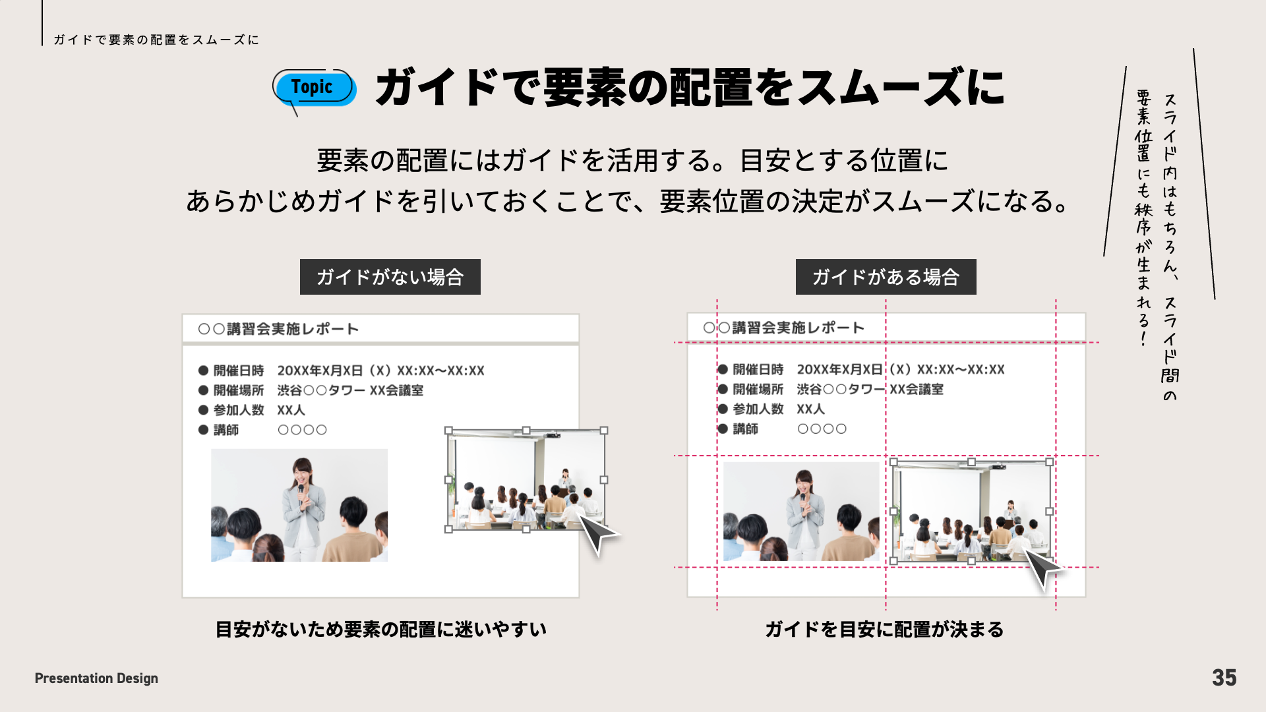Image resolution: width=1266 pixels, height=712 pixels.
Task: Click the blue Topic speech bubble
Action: (314, 88)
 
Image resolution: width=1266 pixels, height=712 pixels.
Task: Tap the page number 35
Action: (1224, 678)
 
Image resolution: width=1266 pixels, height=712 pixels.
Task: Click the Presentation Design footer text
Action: (96, 678)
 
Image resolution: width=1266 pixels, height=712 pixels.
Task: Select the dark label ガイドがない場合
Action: (390, 277)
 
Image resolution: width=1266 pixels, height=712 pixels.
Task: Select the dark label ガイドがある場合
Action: (886, 277)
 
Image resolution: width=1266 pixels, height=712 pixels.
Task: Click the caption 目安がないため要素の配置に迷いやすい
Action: (381, 630)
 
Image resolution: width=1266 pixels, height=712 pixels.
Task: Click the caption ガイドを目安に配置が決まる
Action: (884, 630)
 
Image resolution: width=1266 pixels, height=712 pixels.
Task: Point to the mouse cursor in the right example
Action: (1042, 568)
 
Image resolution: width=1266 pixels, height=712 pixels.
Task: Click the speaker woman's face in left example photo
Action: (301, 472)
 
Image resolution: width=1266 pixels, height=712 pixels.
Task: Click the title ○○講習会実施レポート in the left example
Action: (278, 329)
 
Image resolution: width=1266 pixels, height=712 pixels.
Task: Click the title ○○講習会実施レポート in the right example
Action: (783, 328)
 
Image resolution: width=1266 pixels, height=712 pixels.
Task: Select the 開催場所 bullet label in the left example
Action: (238, 390)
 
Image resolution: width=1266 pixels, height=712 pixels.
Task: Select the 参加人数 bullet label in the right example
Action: (758, 409)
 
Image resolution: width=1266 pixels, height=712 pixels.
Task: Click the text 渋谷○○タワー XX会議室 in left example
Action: (350, 390)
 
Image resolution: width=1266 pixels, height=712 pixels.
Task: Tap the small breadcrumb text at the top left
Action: (156, 40)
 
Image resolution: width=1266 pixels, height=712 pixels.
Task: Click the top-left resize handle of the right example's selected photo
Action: (893, 462)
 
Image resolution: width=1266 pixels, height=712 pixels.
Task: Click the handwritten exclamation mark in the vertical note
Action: (1143, 339)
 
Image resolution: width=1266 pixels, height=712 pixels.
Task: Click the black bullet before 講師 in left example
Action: (203, 430)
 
